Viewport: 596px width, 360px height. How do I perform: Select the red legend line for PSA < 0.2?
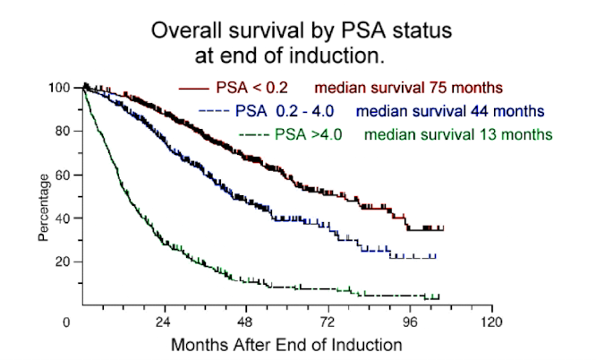tap(195, 89)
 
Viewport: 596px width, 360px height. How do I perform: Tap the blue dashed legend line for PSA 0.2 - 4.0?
tap(213, 112)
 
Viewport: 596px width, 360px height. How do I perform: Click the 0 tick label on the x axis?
tap(67, 321)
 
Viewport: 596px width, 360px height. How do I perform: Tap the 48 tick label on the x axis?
tap(247, 321)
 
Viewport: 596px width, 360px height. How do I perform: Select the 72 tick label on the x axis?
tap(328, 321)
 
